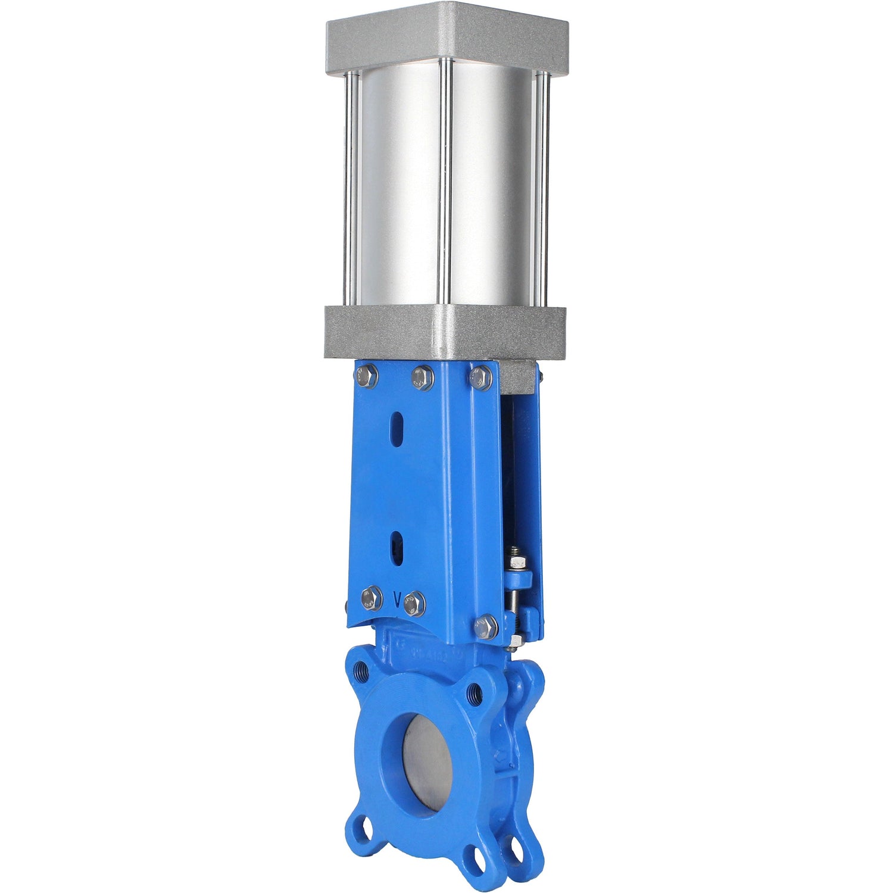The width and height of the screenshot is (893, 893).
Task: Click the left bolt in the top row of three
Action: coord(366,376)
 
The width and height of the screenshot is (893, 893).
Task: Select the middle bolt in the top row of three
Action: coord(422,378)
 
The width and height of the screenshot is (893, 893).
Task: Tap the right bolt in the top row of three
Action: coord(480,378)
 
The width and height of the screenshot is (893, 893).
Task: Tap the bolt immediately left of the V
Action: coord(371,598)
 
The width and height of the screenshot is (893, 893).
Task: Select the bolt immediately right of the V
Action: coord(414,604)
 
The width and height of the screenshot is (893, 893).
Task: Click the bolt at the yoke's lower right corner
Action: coord(486,627)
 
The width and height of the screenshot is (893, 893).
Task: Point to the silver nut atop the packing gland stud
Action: coord(516,561)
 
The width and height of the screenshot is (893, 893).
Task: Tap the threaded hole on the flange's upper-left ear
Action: coord(361,669)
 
